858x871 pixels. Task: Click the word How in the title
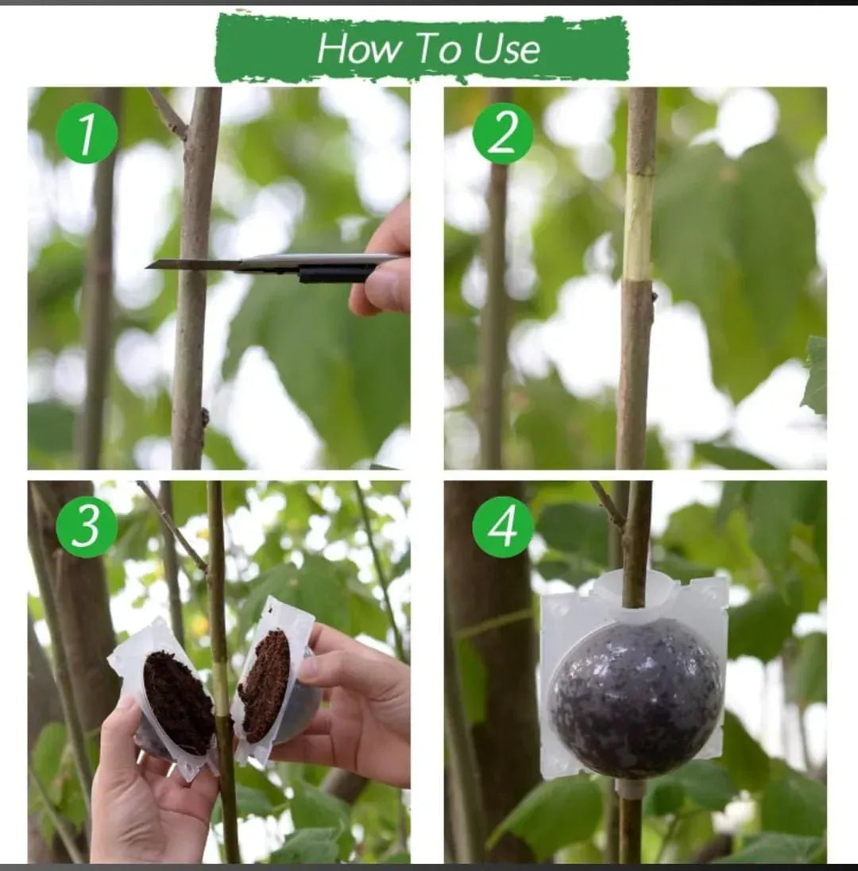359,48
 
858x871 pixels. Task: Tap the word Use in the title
507,48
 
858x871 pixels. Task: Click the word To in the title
439,48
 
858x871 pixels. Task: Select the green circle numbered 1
87,134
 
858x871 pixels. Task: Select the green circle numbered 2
503,134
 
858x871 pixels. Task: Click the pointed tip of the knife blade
147,267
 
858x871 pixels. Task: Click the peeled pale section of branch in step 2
638,228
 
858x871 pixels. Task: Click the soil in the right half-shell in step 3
265,687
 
